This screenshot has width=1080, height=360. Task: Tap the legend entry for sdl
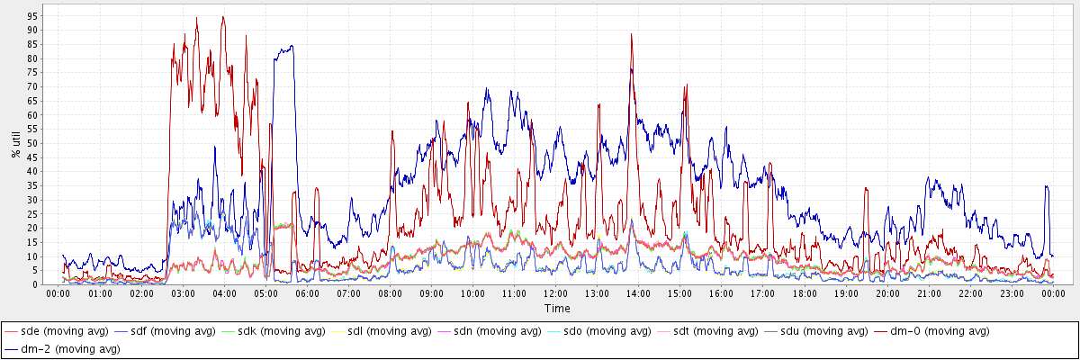[393, 331]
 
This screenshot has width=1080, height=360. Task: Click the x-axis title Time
[556, 309]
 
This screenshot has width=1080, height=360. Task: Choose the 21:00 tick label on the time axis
[929, 293]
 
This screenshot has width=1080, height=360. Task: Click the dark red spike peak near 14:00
[632, 35]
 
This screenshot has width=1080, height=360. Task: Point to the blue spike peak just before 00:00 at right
[1046, 185]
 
